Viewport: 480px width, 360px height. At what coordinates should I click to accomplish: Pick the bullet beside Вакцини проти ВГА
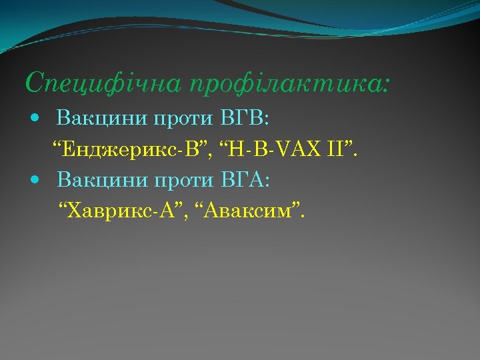(x=36, y=179)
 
